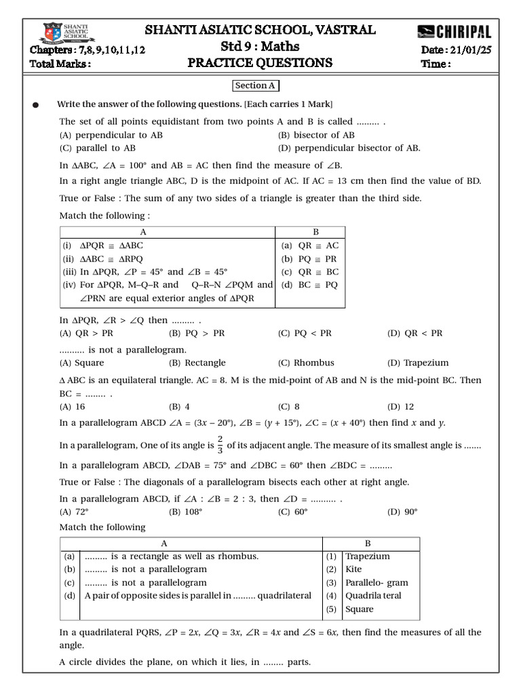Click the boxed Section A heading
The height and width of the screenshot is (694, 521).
pos(256,86)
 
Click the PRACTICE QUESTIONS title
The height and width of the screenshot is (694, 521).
pos(260,63)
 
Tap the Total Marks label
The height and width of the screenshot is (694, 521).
pos(60,64)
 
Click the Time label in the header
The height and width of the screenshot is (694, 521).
pos(436,64)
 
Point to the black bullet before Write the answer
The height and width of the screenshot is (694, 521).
pos(36,105)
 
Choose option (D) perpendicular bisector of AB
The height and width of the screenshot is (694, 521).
pos(349,148)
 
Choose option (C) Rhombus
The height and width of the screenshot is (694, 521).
pos(306,363)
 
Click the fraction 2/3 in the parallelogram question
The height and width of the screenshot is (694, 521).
pos(219,445)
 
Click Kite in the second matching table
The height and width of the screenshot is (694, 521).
pos(353,569)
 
